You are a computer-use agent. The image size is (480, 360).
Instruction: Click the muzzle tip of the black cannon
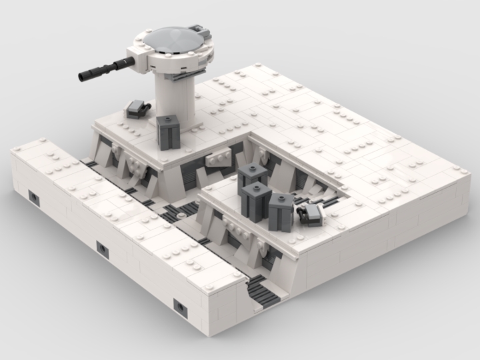81,77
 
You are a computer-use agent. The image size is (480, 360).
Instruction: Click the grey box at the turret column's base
167,132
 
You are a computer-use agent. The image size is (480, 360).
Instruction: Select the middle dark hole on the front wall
102,249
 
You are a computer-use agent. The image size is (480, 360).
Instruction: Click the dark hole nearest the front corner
181,306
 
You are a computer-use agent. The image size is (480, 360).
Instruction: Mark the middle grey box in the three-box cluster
255,200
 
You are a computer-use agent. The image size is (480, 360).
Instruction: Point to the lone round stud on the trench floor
181,218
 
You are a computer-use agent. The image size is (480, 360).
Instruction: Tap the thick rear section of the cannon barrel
123,65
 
